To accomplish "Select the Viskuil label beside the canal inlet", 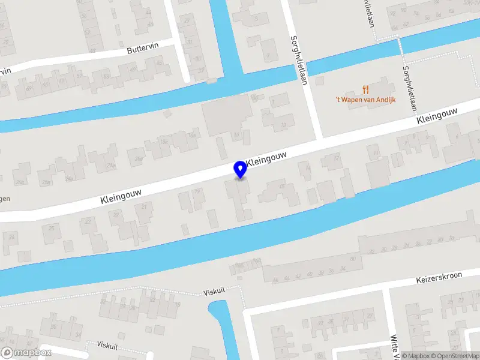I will coord(214,290).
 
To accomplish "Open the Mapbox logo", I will coord(26,353).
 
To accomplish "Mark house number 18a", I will coord(163,142).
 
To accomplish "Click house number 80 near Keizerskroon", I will coord(353,259).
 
